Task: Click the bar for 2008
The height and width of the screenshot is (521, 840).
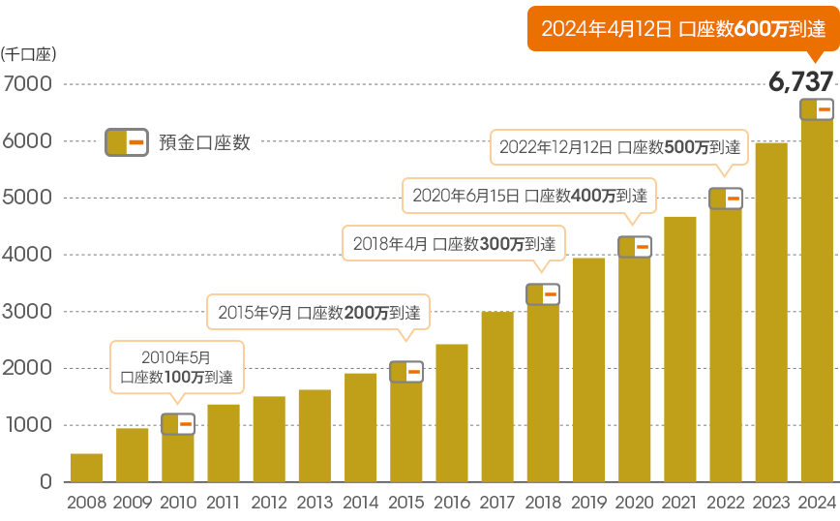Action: pos(86,468)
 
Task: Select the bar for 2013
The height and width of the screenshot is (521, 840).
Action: pos(315,436)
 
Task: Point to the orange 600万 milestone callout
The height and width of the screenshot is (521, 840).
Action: pos(682,29)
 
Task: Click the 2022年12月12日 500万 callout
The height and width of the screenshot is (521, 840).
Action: pos(619,148)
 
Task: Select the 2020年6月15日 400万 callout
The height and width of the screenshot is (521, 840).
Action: pos(528,195)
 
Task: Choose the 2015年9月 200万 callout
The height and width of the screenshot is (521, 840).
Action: pos(318,313)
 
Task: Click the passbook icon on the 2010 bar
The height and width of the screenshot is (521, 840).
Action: pos(177,424)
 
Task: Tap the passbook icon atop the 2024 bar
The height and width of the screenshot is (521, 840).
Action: pos(817,109)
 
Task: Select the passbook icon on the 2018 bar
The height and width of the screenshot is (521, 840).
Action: pos(543,293)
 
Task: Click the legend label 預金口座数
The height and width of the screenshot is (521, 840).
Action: pos(205,142)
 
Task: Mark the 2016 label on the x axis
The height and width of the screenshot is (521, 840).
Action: pos(452,502)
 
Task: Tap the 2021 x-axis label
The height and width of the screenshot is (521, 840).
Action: pos(679,502)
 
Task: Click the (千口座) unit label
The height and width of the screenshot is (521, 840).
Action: pos(29,54)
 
